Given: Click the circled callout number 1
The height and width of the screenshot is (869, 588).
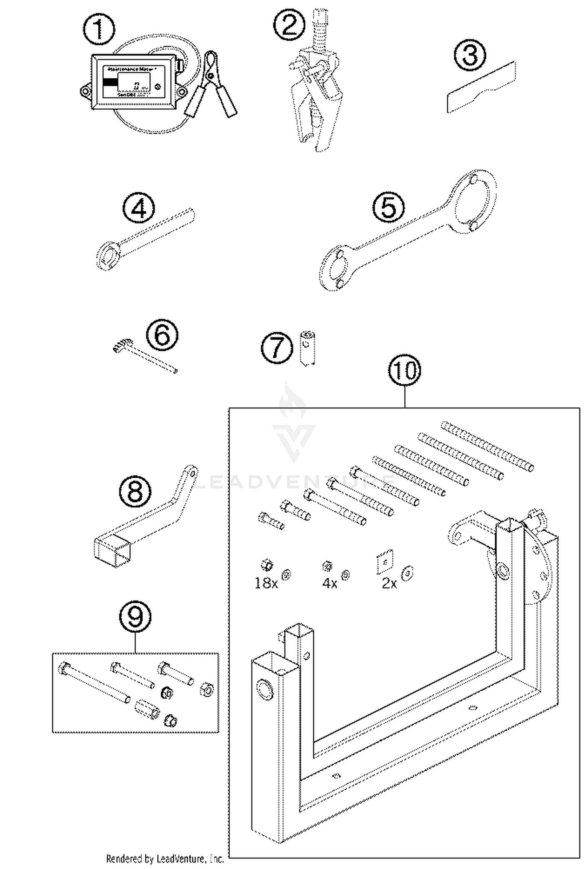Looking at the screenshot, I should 99,29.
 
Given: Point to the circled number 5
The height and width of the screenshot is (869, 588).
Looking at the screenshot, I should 388,207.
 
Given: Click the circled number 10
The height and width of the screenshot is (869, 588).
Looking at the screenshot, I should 405,370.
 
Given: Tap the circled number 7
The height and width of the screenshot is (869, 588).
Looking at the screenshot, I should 277,348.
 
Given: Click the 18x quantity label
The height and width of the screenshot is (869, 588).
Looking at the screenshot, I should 266,583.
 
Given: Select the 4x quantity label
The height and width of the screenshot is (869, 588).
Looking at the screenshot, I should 330,583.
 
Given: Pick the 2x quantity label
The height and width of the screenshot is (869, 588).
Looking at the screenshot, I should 389,583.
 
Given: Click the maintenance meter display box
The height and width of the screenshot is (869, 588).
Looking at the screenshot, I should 133,81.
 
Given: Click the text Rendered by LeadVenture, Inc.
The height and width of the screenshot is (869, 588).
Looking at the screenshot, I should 165,859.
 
